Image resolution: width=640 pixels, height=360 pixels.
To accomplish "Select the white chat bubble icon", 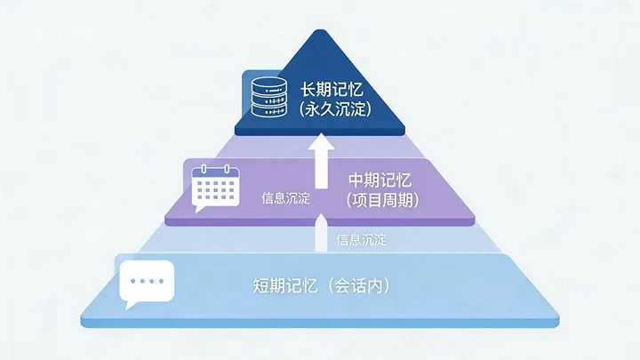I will (x=147, y=283).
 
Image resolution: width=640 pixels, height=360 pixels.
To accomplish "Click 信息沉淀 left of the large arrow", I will (x=285, y=198).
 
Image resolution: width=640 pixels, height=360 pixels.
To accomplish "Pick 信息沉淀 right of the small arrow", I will (x=362, y=239).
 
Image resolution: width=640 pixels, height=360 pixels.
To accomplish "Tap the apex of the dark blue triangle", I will (x=323, y=32).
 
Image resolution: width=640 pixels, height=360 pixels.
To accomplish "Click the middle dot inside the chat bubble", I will (x=147, y=280).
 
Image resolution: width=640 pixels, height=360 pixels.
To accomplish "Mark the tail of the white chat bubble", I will (x=131, y=305).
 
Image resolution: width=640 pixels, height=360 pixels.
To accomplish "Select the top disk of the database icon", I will (x=268, y=84).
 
